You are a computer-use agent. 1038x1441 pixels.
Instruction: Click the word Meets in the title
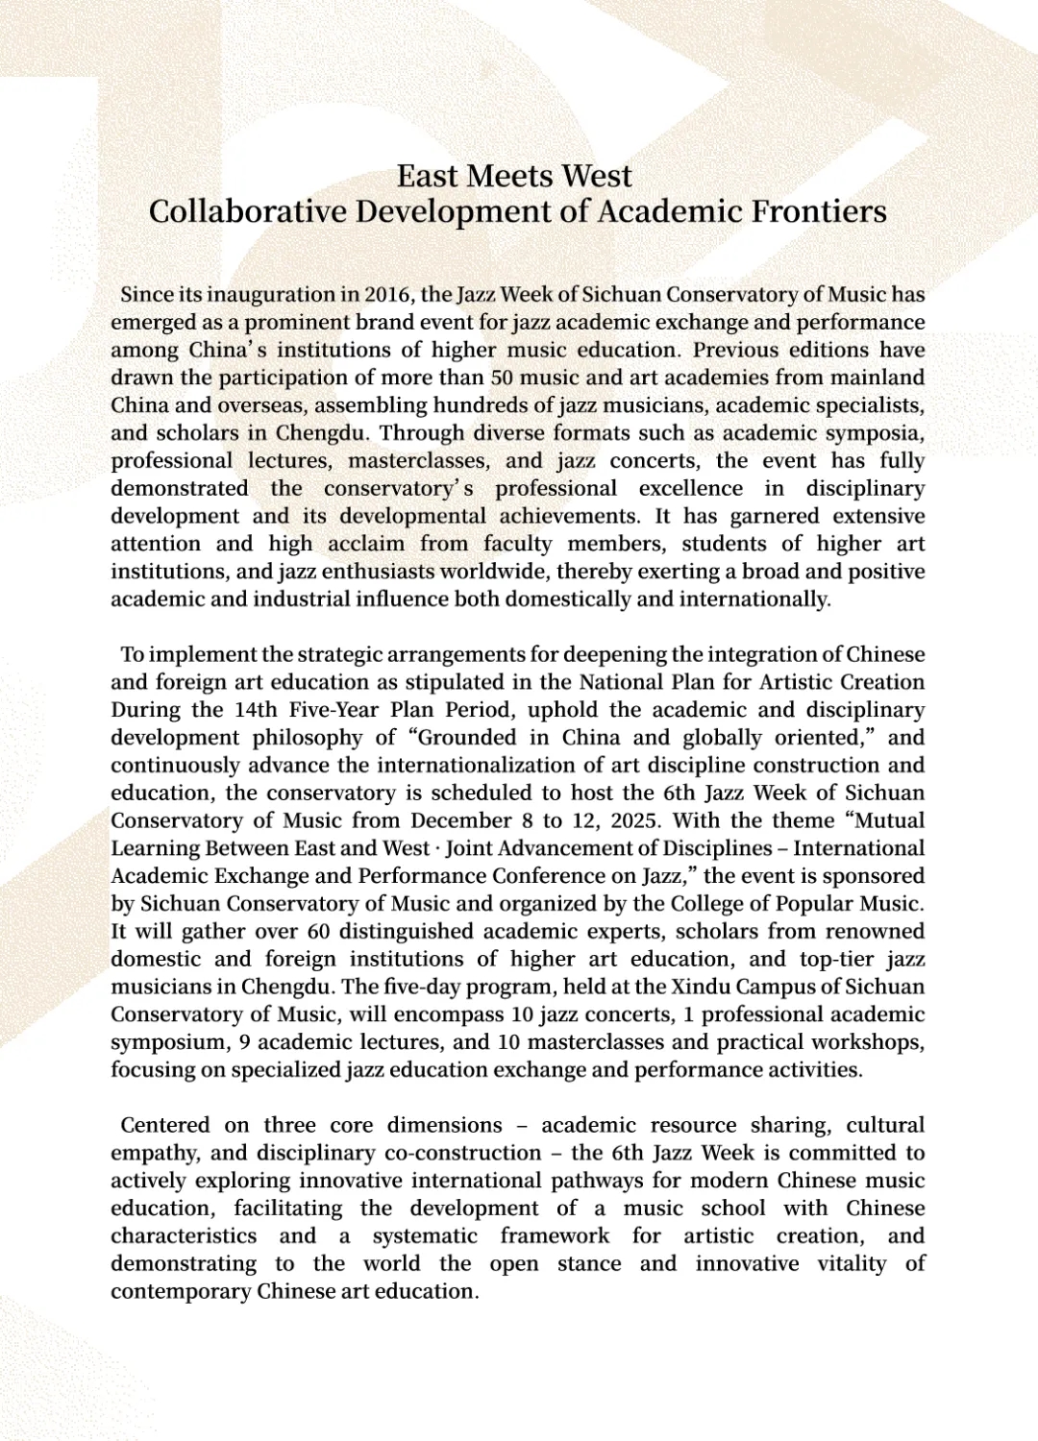tap(510, 177)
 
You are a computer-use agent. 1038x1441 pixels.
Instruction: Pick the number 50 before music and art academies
tap(502, 378)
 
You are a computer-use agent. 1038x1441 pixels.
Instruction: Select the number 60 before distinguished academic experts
tap(319, 932)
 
